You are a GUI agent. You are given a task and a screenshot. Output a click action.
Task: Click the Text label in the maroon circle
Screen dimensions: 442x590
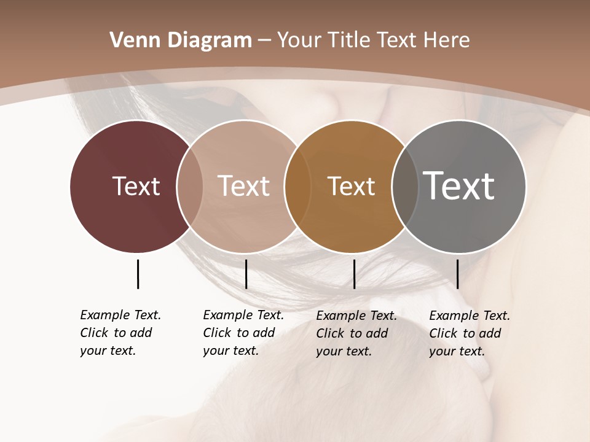pyautogui.click(x=136, y=186)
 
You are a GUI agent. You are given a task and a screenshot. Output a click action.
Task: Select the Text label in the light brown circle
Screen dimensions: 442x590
pyautogui.click(x=244, y=186)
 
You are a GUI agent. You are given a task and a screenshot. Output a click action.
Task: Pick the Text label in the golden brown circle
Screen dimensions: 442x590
pyautogui.click(x=351, y=186)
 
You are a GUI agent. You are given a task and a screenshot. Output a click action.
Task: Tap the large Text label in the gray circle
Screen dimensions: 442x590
pyautogui.click(x=458, y=186)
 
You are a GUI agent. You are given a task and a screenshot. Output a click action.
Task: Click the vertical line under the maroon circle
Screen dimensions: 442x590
pyautogui.click(x=138, y=274)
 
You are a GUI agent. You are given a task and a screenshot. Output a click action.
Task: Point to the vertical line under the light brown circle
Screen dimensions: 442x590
pyautogui.click(x=246, y=274)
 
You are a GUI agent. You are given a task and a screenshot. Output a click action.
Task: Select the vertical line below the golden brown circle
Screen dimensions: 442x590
pyautogui.click(x=354, y=274)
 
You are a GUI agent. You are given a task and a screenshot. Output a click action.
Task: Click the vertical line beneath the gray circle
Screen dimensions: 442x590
pyautogui.click(x=457, y=274)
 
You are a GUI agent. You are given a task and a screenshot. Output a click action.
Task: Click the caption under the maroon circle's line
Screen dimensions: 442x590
pyautogui.click(x=120, y=333)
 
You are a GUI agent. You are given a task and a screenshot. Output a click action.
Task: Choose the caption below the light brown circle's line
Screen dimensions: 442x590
pyautogui.click(x=243, y=333)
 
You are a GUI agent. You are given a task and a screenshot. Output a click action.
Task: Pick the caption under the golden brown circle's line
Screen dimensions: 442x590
pyautogui.click(x=356, y=333)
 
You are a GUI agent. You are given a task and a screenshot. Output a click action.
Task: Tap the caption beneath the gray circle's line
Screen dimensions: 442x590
pyautogui.click(x=469, y=333)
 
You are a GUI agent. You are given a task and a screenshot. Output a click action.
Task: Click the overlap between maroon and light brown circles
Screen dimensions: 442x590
pyautogui.click(x=190, y=186)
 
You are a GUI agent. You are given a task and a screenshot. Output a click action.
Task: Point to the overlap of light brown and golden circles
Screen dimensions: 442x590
pyautogui.click(x=297, y=186)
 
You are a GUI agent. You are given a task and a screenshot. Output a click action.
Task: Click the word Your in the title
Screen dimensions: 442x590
pyautogui.click(x=298, y=41)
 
